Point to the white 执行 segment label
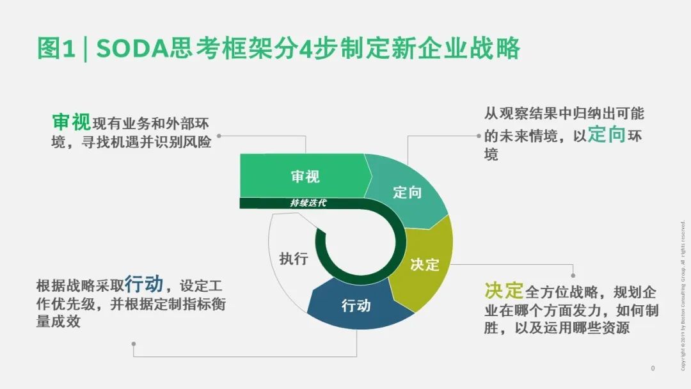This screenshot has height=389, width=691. [294, 258]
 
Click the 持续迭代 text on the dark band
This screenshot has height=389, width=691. [308, 203]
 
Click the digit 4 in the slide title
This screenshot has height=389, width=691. [306, 49]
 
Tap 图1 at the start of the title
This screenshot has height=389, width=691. [56, 49]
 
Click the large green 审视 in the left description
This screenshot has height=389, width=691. [71, 122]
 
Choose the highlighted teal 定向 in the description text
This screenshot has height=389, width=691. [607, 134]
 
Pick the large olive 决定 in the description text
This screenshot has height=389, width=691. [504, 290]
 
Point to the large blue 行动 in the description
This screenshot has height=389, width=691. [144, 283]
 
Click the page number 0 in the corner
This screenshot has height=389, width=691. [653, 369]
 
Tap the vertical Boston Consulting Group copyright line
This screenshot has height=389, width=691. [683, 296]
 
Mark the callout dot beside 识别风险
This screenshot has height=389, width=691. [219, 136]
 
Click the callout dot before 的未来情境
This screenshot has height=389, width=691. [479, 136]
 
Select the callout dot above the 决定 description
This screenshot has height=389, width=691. [573, 275]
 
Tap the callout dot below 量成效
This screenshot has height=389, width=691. [134, 344]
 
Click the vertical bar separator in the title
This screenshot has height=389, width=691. [86, 49]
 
